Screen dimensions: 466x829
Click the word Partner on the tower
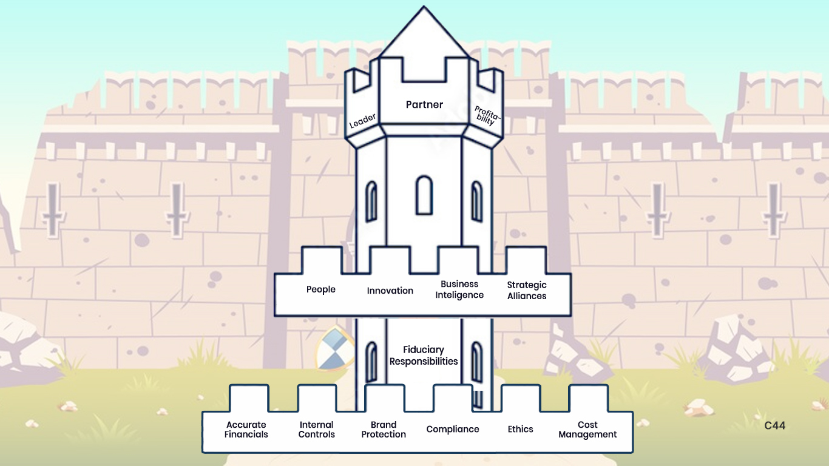pos(424,104)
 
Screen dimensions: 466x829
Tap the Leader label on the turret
pos(362,120)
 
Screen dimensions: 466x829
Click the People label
pos(321,289)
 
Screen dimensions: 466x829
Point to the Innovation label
pos(390,291)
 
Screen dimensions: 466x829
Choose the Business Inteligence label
pos(459,289)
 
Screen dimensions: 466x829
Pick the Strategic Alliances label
pos(527,290)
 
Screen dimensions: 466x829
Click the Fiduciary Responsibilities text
pos(424,356)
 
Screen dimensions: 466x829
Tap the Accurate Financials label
pos(246,430)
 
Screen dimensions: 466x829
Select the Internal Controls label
pos(317,430)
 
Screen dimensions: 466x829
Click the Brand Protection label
pos(384,430)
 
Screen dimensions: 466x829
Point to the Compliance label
pos(453,429)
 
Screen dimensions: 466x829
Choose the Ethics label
pos(521,429)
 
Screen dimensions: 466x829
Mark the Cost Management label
pos(587,430)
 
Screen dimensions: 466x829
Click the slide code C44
pos(775,426)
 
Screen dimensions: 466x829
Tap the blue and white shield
pos(333,349)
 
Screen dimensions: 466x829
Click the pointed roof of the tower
pos(424,36)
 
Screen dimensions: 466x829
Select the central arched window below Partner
pos(424,195)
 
